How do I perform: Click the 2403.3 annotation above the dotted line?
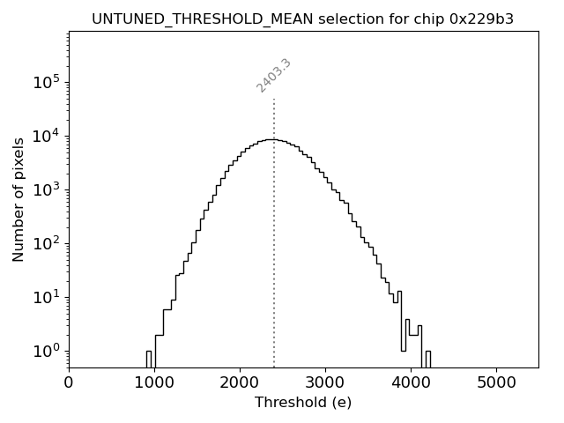pos(274,75)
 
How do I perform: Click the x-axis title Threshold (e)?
pos(303,403)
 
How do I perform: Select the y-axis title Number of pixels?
pos(19,199)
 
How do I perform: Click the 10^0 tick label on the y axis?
pos(47,351)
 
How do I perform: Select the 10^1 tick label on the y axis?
pos(47,297)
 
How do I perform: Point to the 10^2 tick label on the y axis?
pos(47,243)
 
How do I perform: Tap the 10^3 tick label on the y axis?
pos(47,189)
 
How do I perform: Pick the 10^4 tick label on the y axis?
pos(47,136)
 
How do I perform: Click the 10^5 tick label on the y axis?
pos(47,82)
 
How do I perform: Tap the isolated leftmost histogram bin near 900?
pos(148,359)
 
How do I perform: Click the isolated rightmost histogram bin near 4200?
pos(427,359)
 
